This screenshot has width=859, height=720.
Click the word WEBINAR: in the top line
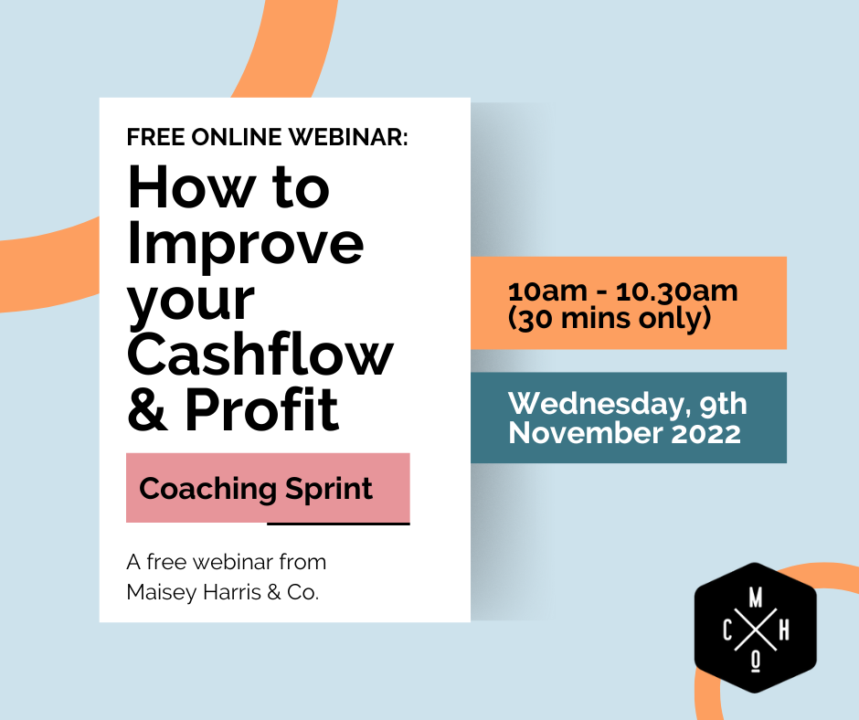(352, 138)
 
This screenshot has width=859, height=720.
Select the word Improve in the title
(246, 245)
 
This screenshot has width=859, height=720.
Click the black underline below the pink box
(338, 524)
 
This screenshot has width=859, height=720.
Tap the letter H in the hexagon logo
(784, 630)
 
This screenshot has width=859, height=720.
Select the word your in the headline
(190, 302)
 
